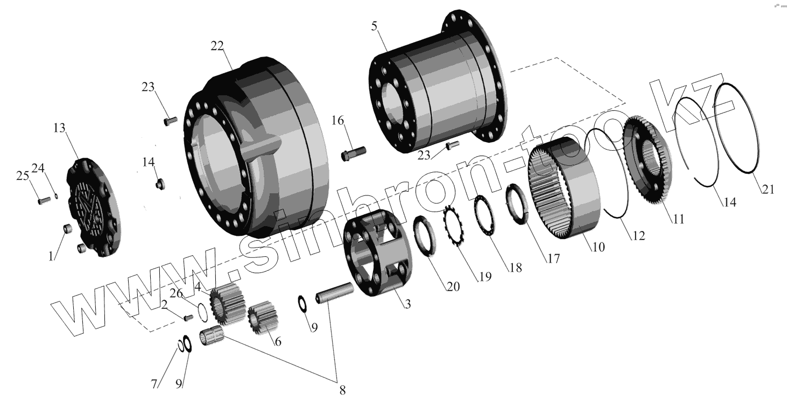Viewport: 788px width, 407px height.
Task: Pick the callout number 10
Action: [x=598, y=247]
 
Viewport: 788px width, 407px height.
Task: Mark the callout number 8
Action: [x=342, y=390]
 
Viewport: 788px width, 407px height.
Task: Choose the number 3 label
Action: [x=408, y=305]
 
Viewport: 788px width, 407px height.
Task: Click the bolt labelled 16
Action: [x=354, y=153]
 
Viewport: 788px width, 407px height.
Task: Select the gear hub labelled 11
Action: [x=646, y=162]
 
